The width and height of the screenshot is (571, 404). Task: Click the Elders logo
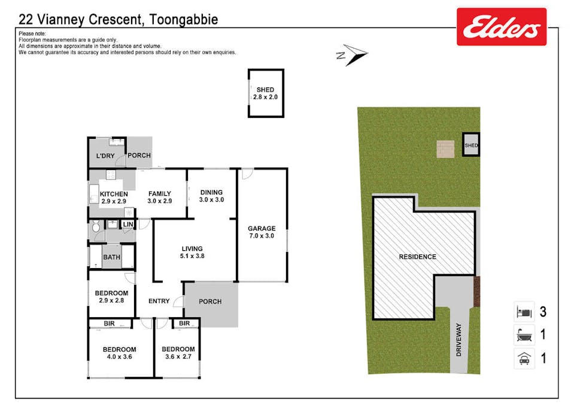point(502,27)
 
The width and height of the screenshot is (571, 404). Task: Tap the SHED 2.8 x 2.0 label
point(265,93)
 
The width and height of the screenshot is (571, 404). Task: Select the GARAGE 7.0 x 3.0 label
point(262,232)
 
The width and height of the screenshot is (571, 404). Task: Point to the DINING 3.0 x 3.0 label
point(211,196)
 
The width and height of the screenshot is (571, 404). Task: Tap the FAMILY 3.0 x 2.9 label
point(160,198)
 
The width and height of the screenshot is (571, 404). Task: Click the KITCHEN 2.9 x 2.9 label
point(114,198)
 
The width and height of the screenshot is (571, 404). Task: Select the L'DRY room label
point(105,156)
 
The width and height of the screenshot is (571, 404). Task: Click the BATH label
point(112,257)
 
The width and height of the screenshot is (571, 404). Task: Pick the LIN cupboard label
point(127,224)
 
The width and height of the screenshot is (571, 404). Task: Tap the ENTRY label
point(159,301)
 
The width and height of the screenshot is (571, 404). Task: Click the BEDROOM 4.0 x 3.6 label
point(119,353)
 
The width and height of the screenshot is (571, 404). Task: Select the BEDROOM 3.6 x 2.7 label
point(178,353)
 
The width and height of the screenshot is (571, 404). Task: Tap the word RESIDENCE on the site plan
point(418,257)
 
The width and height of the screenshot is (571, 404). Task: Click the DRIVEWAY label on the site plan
point(459,340)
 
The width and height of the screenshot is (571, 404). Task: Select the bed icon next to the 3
point(524,312)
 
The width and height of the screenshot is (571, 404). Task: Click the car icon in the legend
point(524,359)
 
